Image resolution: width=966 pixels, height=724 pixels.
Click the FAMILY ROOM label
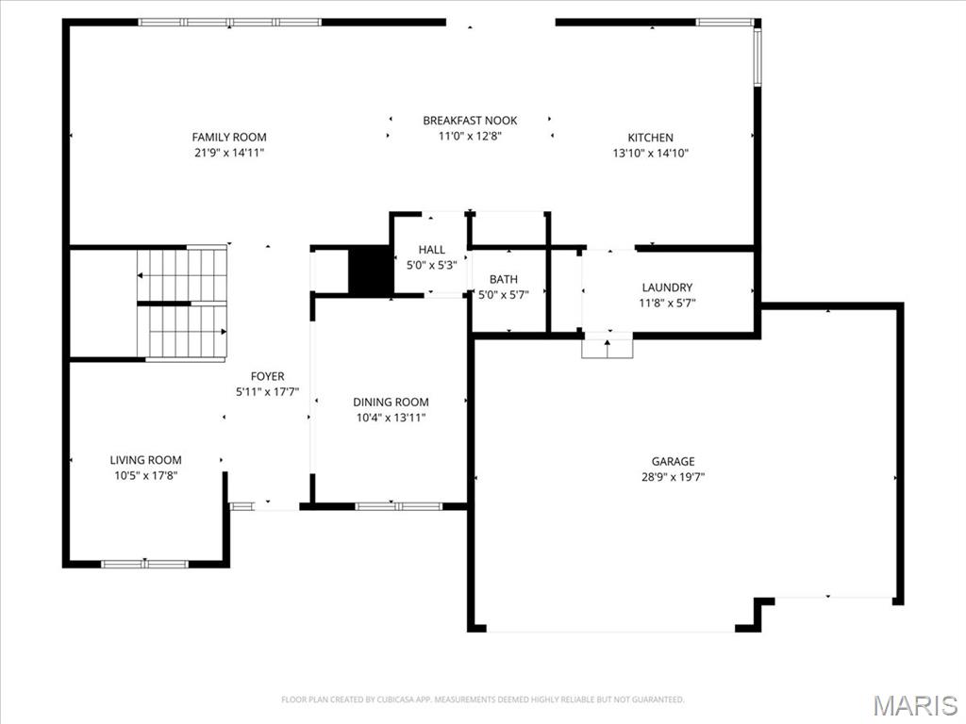coord(229,137)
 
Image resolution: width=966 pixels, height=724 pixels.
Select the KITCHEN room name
coord(651,137)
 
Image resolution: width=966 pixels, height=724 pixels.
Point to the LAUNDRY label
coord(667,288)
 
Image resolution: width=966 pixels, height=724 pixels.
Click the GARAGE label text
coord(673,461)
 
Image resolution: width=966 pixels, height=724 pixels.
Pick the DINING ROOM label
coord(391,402)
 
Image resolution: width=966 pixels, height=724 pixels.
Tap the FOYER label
coord(267,376)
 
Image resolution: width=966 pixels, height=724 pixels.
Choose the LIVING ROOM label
coord(145,460)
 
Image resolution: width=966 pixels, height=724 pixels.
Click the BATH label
coord(503,279)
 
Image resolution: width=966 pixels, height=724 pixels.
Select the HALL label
coord(431,250)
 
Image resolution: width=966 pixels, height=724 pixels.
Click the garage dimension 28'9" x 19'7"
coord(673,476)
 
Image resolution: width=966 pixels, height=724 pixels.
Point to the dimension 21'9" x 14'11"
coord(229,152)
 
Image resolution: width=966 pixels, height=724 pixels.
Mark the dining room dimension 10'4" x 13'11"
coord(391,417)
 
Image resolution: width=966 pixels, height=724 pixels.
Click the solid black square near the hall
coord(370,271)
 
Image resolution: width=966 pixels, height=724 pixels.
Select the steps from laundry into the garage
coord(607,347)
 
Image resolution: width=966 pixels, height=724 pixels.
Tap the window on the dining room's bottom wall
coord(398,506)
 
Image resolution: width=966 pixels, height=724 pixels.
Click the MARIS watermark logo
coord(914,705)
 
